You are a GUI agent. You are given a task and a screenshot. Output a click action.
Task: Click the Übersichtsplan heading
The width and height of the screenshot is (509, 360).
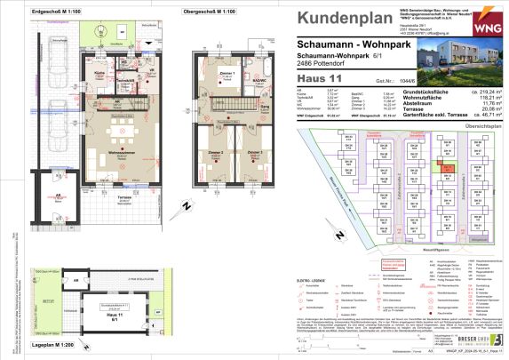pos(481,124)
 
